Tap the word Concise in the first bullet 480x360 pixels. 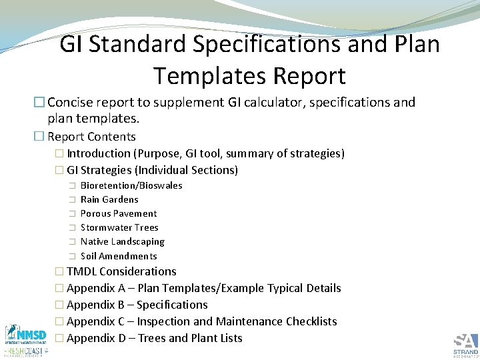[x=71, y=103]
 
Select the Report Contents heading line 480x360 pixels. [x=91, y=137]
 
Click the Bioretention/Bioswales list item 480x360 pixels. [x=131, y=185]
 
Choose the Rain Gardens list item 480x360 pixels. [x=109, y=199]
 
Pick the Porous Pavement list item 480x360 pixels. [x=119, y=213]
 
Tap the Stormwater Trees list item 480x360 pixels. [x=119, y=227]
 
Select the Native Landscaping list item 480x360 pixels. [x=122, y=241]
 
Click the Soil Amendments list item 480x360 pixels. [x=119, y=256]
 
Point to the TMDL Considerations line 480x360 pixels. [x=121, y=271]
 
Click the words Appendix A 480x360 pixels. [x=95, y=288]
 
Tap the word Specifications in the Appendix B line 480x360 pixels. [x=172, y=305]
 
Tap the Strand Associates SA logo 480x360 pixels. [x=465, y=343]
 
